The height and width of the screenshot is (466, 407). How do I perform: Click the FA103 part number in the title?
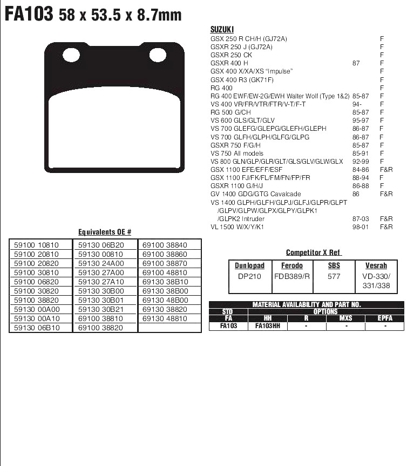coord(29,14)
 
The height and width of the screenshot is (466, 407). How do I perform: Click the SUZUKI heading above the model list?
coord(221,30)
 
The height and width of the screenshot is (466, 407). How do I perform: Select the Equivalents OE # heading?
coord(105,232)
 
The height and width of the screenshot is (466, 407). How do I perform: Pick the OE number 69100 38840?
coord(165,245)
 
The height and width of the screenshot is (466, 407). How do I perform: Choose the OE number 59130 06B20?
coord(101,245)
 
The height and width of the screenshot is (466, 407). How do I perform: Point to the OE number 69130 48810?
coord(165,319)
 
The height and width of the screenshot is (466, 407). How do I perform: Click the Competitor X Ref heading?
coord(314,253)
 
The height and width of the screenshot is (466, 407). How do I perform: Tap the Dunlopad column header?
coord(250,266)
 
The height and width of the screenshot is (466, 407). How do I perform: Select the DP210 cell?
coord(250,276)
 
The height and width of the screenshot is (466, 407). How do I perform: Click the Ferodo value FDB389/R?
coord(292,276)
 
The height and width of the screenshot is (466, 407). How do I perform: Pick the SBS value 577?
coord(334,276)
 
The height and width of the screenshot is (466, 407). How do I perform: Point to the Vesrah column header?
coord(376,266)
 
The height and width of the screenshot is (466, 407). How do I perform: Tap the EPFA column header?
coord(385,318)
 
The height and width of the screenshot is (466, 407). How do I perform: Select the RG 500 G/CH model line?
coord(230,112)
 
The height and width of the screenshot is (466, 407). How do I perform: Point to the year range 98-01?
coord(360,227)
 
